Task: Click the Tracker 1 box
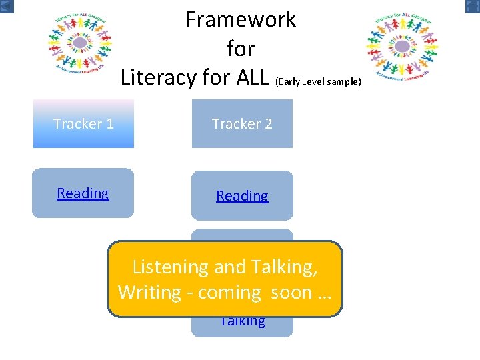(x=83, y=124)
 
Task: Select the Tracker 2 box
(x=242, y=124)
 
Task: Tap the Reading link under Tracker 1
(x=83, y=193)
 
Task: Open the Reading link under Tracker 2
(x=242, y=196)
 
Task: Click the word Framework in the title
(x=241, y=20)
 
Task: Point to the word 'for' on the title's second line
(x=241, y=49)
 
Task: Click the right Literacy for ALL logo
(x=402, y=46)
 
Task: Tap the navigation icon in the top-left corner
(x=7, y=6)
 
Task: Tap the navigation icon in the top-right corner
(x=472, y=6)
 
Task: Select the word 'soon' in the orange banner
(x=291, y=293)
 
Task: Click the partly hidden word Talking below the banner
(x=242, y=321)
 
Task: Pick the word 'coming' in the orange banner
(x=229, y=293)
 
